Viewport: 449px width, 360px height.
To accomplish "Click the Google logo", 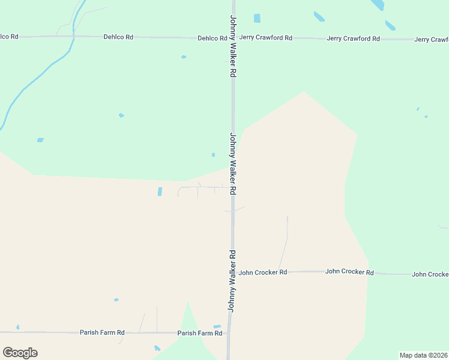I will coord(20,353).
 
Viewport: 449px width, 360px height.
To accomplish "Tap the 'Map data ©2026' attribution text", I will coord(423,355).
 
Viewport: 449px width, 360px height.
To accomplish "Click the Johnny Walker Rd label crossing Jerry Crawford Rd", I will coord(233,46).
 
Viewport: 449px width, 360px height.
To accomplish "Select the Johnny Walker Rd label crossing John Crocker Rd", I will coord(232,281).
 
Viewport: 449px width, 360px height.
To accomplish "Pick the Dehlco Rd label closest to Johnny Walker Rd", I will coord(212,38).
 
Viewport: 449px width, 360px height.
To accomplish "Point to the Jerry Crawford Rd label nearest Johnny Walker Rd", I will coord(265,38).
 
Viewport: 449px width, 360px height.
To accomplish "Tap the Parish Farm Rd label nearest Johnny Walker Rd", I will coord(200,333).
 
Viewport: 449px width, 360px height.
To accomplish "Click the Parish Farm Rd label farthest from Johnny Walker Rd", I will coord(102,332).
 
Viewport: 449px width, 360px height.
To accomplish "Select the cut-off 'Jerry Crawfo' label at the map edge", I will coord(431,40).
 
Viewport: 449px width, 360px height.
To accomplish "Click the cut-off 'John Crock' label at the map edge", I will coord(430,274).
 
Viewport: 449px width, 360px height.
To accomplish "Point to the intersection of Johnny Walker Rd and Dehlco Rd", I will coord(233,38).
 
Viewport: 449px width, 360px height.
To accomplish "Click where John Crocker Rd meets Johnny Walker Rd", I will coord(232,272).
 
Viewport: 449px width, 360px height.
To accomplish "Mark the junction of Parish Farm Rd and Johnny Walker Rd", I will coord(229,333).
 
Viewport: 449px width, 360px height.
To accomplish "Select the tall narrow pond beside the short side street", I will coord(160,191).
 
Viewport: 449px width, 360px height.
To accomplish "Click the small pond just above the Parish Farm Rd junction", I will coord(217,327).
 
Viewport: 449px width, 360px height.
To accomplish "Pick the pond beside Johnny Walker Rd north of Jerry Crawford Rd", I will coord(257,18).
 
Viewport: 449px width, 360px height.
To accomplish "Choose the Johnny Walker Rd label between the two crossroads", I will coord(233,163).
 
